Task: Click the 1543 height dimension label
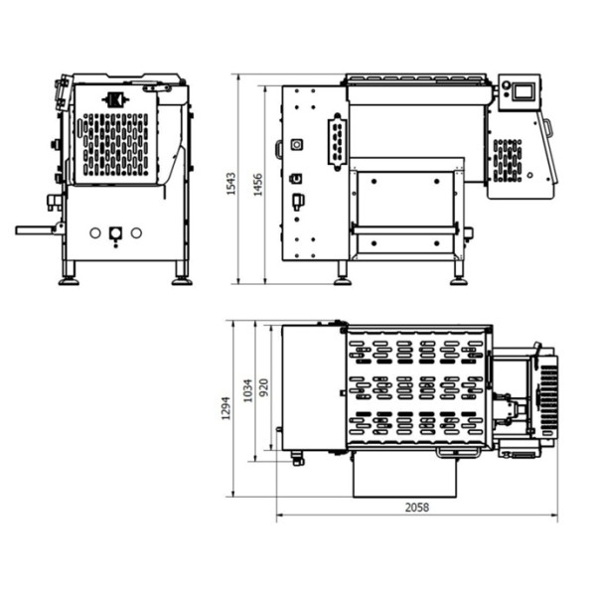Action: pos(230,184)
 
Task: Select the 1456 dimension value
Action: pos(258,185)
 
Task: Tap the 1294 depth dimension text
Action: pos(225,408)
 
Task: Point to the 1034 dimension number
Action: pos(247,390)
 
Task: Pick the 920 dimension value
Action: pos(263,387)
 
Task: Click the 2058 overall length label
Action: pos(417,508)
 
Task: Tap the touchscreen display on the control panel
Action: pos(523,92)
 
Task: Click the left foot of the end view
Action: pos(69,273)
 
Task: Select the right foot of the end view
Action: pos(182,273)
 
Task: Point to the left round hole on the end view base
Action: pos(95,233)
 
